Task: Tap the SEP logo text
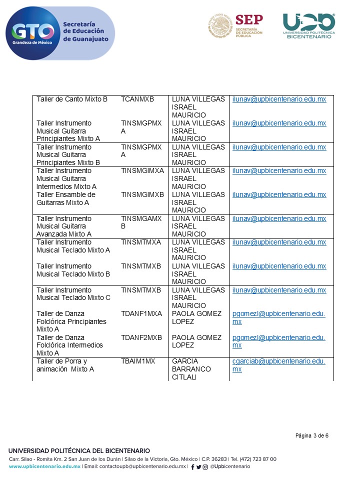[x=248, y=20]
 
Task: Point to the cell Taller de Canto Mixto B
[x=72, y=99]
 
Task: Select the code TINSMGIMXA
[x=142, y=170]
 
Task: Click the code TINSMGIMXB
[x=142, y=194]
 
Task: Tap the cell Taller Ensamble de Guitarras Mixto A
[x=66, y=198]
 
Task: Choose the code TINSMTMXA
[x=141, y=242]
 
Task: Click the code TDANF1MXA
[x=141, y=313]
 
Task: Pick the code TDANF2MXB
[x=141, y=337]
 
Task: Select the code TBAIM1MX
[x=138, y=361]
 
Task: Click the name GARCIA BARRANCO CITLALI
[x=191, y=369]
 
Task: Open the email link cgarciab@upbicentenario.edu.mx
[x=279, y=365]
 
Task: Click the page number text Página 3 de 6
[x=311, y=436]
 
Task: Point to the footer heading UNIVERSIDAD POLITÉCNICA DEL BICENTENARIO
[x=79, y=451]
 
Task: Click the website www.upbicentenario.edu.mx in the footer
[x=44, y=466]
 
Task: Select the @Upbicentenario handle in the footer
[x=230, y=466]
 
